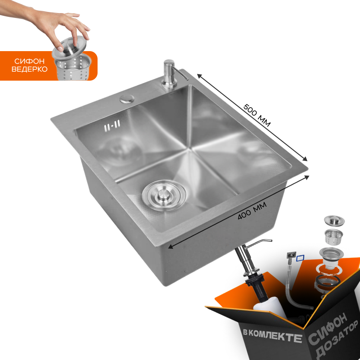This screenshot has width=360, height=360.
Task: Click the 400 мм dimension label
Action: tap(252, 212)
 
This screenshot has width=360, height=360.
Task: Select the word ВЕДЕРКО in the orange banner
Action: tap(30, 69)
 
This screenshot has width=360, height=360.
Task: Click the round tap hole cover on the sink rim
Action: tap(127, 98)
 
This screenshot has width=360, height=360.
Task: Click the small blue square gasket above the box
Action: tap(300, 258)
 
